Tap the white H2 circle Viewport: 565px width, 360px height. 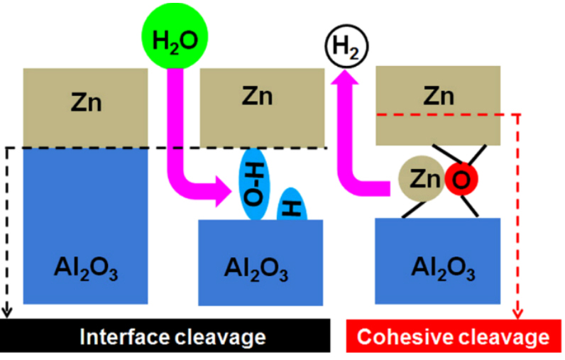click(346, 48)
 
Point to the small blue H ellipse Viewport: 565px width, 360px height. click(291, 206)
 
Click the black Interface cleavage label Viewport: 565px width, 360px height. click(163, 337)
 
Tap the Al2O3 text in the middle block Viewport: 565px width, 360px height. click(257, 270)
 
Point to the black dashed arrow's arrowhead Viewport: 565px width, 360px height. click(8, 312)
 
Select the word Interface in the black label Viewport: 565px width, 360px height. click(120, 337)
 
